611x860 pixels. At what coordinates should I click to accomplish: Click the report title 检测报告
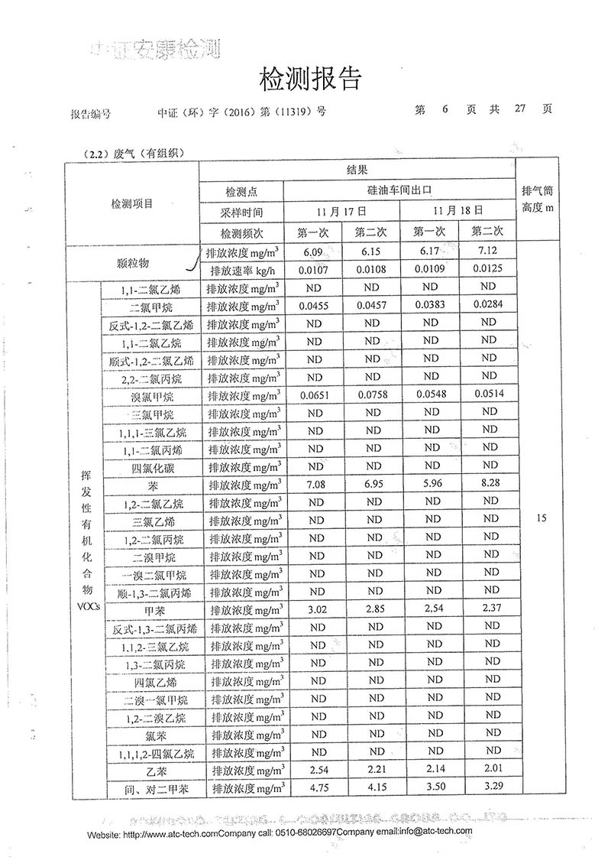click(x=309, y=78)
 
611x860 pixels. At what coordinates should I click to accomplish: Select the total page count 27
click(x=522, y=109)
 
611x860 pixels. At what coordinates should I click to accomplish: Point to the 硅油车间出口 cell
click(x=399, y=190)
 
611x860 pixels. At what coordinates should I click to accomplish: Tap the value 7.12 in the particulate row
click(x=489, y=252)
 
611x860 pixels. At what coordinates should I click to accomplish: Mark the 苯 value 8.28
click(x=489, y=485)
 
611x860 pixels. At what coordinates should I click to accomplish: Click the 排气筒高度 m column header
click(x=541, y=200)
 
